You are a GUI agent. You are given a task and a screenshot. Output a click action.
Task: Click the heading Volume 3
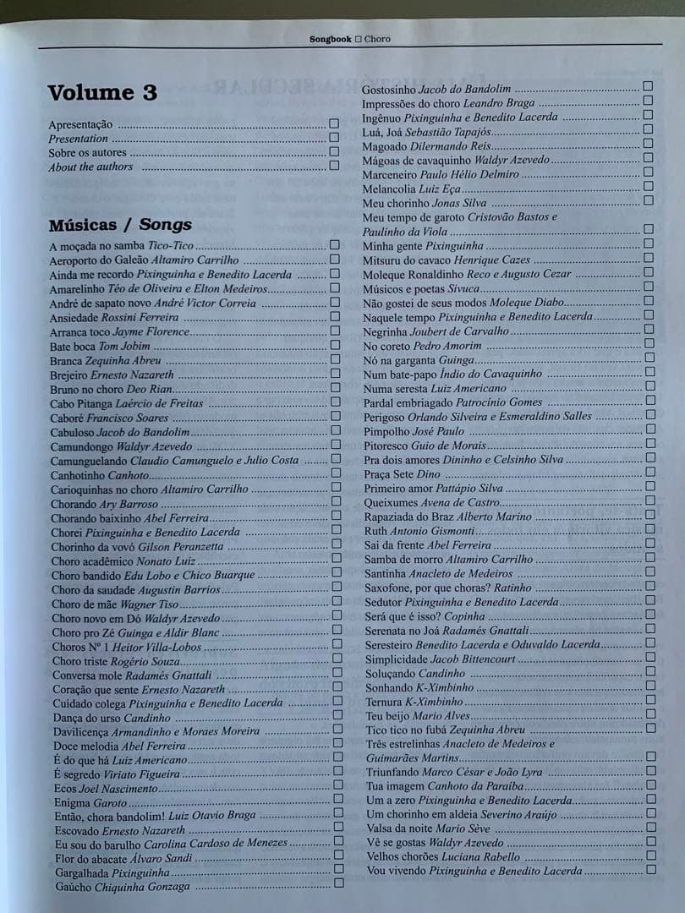click(x=102, y=93)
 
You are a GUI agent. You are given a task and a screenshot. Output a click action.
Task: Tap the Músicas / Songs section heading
click(x=120, y=225)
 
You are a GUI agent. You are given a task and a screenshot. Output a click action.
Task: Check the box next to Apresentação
click(x=334, y=123)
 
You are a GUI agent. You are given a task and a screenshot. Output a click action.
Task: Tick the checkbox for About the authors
click(x=334, y=166)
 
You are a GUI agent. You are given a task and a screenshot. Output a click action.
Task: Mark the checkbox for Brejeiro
click(x=335, y=374)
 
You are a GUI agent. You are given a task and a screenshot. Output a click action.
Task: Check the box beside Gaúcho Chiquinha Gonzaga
click(x=338, y=884)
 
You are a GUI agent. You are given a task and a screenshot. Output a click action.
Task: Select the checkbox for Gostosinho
click(x=648, y=86)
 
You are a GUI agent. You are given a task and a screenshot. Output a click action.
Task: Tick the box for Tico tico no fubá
click(x=650, y=728)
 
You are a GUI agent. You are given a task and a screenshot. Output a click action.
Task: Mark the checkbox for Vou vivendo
click(x=651, y=870)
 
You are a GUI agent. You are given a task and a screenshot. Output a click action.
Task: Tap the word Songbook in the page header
click(x=330, y=39)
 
